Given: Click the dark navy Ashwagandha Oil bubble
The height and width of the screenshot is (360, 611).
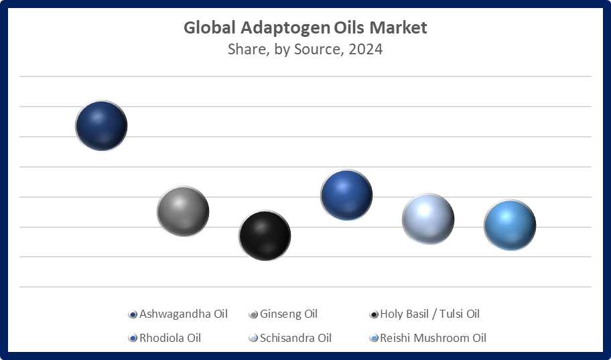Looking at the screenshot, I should pyautogui.click(x=101, y=125).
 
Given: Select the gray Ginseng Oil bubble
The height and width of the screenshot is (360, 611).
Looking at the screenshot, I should pyautogui.click(x=183, y=211).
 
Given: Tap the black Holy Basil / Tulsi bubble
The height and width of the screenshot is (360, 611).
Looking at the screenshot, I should pyautogui.click(x=265, y=235).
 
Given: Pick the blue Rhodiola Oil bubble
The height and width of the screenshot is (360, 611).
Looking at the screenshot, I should pyautogui.click(x=346, y=195).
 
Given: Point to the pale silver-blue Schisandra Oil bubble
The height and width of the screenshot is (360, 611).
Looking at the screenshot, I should pyautogui.click(x=428, y=219).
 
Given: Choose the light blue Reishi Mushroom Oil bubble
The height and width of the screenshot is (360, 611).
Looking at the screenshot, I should pyautogui.click(x=510, y=225).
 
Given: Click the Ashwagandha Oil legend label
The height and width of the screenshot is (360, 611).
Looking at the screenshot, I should pyautogui.click(x=183, y=314).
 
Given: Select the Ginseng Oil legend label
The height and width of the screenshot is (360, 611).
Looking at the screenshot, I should pyautogui.click(x=288, y=314).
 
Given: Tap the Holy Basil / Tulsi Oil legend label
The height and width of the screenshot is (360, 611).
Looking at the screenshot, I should pyautogui.click(x=429, y=314).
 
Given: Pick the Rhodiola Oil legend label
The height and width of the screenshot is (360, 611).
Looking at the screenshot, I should pyautogui.click(x=169, y=338).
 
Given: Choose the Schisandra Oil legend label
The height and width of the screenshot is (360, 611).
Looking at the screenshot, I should pyautogui.click(x=295, y=338).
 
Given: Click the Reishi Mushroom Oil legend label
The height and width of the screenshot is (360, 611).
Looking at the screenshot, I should pyautogui.click(x=433, y=338).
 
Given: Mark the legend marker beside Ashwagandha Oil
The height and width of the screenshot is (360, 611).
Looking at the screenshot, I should pyautogui.click(x=133, y=314).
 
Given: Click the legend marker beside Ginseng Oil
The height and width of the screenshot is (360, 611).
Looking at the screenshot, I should pyautogui.click(x=253, y=314).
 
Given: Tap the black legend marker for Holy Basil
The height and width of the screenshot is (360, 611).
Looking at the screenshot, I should pyautogui.click(x=374, y=314).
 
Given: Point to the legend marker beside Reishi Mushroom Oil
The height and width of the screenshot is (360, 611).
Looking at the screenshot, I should pyautogui.click(x=374, y=339).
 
